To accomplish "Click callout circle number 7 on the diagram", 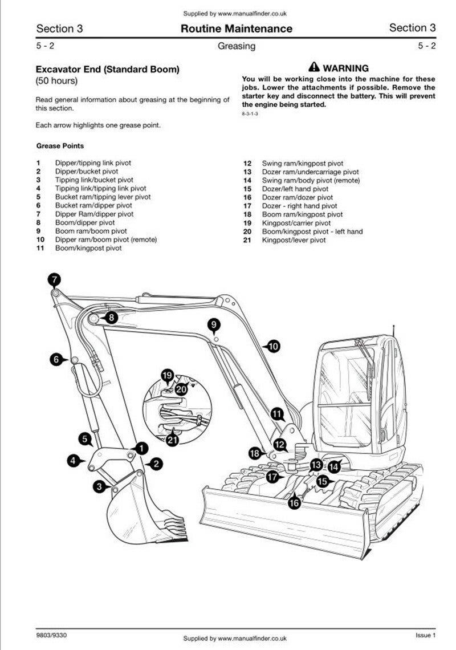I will (x=54, y=279).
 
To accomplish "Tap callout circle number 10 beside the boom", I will (x=273, y=346).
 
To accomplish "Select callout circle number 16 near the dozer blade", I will (x=294, y=502).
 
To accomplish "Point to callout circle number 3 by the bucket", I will (x=100, y=486).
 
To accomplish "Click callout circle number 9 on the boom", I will (x=214, y=325).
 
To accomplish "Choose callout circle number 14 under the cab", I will (x=334, y=466).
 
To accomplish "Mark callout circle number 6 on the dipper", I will (x=56, y=359).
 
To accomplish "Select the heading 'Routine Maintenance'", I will (x=236, y=29).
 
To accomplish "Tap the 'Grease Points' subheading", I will (x=60, y=146).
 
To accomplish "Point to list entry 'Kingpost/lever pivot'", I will (x=294, y=240).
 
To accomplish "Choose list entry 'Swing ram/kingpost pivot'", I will (x=302, y=163).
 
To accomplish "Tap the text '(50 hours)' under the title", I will (x=56, y=82).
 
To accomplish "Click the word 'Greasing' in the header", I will (x=236, y=46).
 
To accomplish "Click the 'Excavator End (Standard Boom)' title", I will (x=107, y=70).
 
